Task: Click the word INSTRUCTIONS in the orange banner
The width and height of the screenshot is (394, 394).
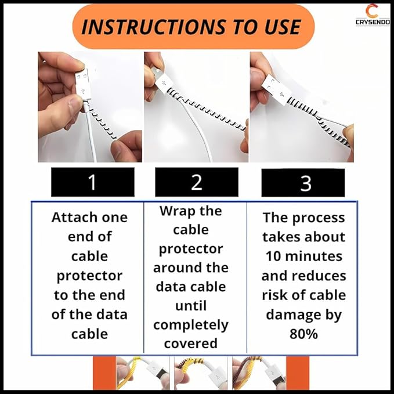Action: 154,27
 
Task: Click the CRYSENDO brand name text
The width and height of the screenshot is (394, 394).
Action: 373,22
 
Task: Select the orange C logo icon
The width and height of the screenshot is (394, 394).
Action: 372,12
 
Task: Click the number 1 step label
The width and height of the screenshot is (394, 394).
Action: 92,182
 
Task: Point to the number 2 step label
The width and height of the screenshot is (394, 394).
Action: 197,182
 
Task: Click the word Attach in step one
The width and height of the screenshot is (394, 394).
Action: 66,218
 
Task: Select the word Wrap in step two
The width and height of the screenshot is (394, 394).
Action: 175,212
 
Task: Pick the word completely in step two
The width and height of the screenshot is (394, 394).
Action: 191,326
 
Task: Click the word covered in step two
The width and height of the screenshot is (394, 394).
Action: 191,344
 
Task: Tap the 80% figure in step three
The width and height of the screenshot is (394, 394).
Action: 303,334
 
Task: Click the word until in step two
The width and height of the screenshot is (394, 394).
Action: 191,306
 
